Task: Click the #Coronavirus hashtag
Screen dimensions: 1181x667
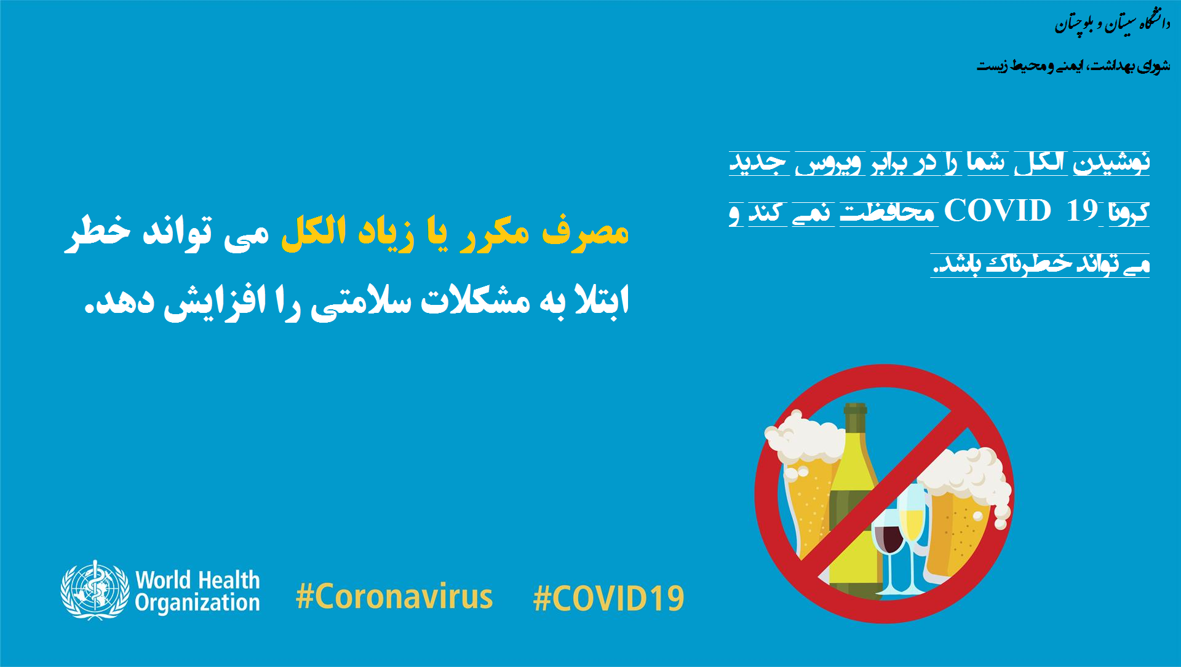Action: pyautogui.click(x=394, y=597)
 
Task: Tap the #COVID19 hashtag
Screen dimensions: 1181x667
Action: pyautogui.click(x=609, y=599)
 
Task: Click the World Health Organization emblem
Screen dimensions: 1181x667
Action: pyautogui.click(x=95, y=590)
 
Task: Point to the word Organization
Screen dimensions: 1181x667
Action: pyautogui.click(x=197, y=603)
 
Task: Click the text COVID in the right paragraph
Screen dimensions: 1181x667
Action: pyautogui.click(x=997, y=211)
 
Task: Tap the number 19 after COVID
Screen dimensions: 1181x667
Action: pyautogui.click(x=1082, y=211)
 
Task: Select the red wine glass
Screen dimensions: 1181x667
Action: pyautogui.click(x=888, y=541)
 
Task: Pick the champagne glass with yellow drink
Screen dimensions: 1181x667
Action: pyautogui.click(x=912, y=523)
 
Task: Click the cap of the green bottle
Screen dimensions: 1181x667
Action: pyautogui.click(x=855, y=408)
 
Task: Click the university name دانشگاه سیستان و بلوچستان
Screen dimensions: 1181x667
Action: pyautogui.click(x=1113, y=23)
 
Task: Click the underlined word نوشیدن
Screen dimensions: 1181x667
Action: pyautogui.click(x=1111, y=162)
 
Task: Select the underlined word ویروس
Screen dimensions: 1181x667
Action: pyautogui.click(x=829, y=163)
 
